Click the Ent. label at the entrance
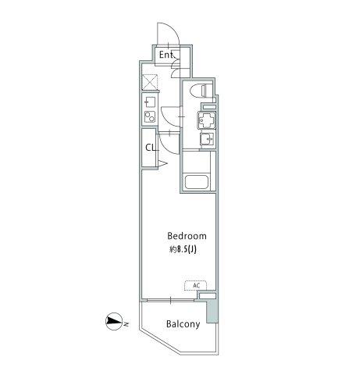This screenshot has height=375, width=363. coord(166,55)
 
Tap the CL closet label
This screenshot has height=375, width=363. coord(148,147)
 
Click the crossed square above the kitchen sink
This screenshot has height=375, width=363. coord(150,81)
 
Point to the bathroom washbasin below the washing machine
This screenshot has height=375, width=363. coord(205,141)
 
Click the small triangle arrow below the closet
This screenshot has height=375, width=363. coord(164,162)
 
